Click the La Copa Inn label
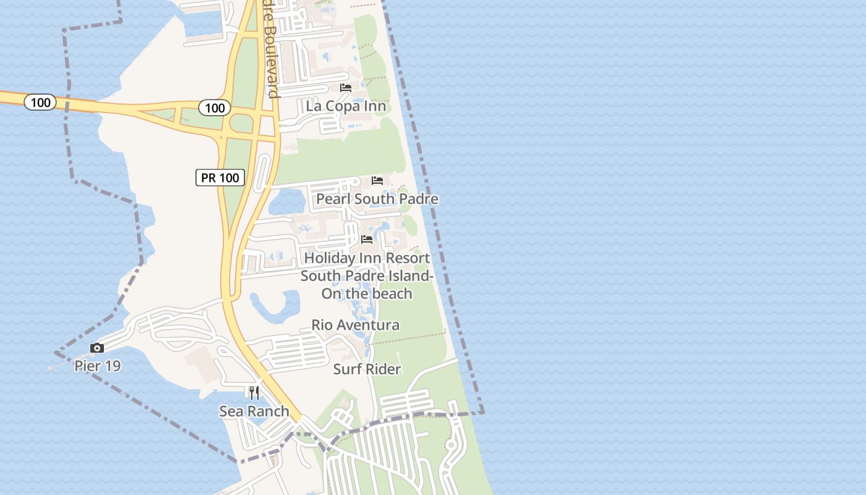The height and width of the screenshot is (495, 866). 346,106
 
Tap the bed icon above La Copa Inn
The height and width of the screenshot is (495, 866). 346,88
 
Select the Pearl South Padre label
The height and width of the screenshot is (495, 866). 377,199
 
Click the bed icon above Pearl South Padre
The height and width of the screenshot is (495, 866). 377,181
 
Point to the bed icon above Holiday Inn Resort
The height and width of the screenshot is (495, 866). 367,239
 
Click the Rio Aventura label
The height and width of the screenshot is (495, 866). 355,325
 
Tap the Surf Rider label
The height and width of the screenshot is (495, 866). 367,369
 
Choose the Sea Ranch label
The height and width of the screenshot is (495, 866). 254,411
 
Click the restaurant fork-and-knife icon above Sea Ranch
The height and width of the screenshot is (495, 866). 254,392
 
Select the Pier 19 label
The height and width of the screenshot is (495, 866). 97,366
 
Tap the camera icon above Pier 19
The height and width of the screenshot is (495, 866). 97,348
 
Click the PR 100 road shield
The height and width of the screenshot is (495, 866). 221,178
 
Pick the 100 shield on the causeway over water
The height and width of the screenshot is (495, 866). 41,102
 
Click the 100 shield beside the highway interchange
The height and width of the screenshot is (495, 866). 215,108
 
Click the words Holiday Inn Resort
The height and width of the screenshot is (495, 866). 367,257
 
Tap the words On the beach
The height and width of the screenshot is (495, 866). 367,293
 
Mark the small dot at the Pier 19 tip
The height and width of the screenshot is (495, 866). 50,368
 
